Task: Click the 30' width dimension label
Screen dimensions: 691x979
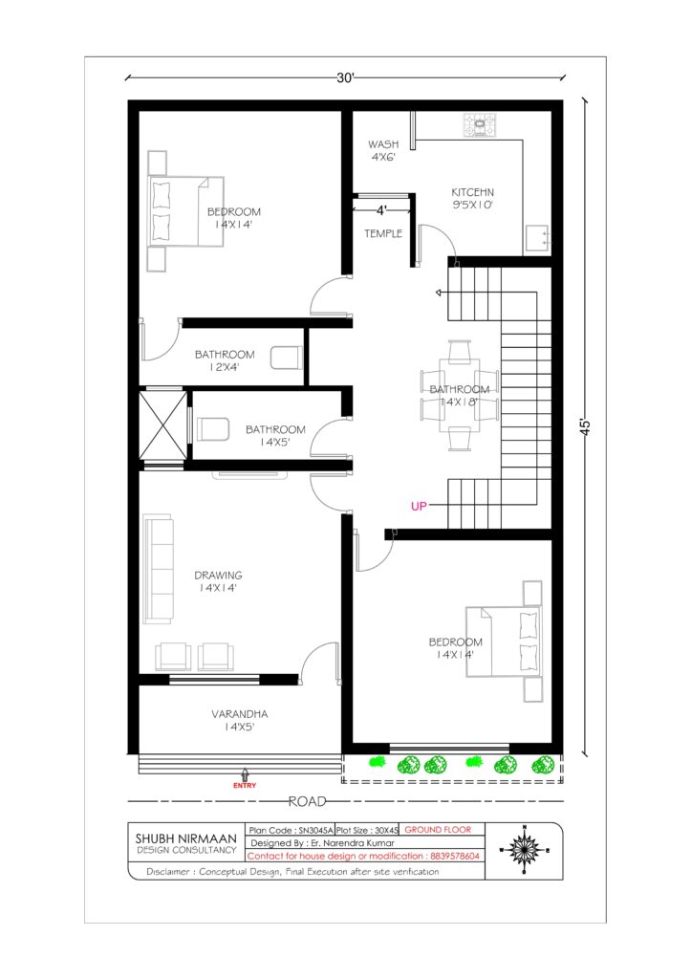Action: tap(345, 78)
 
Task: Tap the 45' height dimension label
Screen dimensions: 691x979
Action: tap(587, 427)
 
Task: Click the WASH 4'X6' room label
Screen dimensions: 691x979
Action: tap(383, 150)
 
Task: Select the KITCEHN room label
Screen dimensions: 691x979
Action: tap(472, 192)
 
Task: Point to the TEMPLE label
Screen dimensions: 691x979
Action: tap(383, 233)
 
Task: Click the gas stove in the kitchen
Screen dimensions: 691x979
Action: tap(480, 125)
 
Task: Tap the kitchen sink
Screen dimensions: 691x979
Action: tap(537, 238)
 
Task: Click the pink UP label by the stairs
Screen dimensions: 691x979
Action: tap(419, 506)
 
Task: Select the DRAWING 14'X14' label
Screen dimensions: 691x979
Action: tap(218, 581)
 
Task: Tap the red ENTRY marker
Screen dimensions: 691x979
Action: tap(245, 786)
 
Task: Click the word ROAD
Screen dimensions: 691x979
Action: tap(307, 801)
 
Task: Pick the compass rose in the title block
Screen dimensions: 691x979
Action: tap(524, 850)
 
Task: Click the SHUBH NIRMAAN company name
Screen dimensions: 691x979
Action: tap(186, 838)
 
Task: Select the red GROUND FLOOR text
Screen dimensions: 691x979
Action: tap(438, 830)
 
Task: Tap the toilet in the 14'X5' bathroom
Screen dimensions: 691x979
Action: tap(213, 429)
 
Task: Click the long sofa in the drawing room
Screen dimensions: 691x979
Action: tap(158, 569)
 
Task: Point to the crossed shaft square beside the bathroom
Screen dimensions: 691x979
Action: tap(162, 425)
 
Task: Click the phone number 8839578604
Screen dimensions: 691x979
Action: tap(454, 856)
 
